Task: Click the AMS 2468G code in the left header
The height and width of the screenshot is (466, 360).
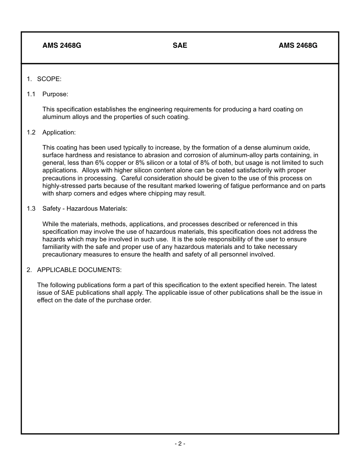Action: pyautogui.click(x=62, y=45)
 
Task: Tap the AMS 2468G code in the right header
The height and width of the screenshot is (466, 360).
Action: pyautogui.click(x=298, y=45)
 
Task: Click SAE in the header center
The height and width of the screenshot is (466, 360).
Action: pyautogui.click(x=180, y=45)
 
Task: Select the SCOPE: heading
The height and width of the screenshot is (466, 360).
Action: pyautogui.click(x=49, y=79)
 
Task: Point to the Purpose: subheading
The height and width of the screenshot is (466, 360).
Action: pyautogui.click(x=55, y=94)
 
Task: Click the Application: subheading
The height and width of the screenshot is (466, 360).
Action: pyautogui.click(x=59, y=132)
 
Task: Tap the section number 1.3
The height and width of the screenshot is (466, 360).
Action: pyautogui.click(x=31, y=208)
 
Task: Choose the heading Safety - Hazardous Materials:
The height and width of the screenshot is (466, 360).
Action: pyautogui.click(x=85, y=208)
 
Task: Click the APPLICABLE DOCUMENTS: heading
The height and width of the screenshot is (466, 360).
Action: pyautogui.click(x=79, y=270)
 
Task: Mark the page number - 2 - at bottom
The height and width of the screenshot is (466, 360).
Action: pyautogui.click(x=180, y=444)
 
